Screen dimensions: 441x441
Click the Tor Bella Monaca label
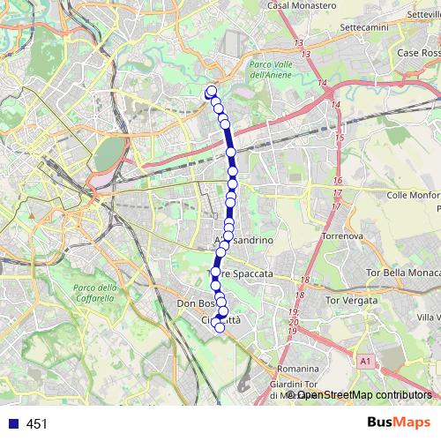point(401,272)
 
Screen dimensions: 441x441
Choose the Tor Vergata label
point(351,301)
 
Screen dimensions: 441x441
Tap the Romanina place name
point(297,367)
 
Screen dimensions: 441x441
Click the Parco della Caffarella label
point(94,293)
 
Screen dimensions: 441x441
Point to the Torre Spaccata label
point(242,274)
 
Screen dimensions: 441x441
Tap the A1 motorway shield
point(365,361)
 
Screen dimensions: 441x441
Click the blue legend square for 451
point(12,423)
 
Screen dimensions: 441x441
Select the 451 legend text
point(36,423)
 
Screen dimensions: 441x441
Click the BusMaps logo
point(398,422)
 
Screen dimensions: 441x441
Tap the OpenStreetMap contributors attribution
point(362,395)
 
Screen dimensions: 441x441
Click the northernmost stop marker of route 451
point(211,91)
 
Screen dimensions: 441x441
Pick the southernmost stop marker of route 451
point(220,328)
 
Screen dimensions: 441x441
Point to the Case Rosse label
point(419,54)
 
